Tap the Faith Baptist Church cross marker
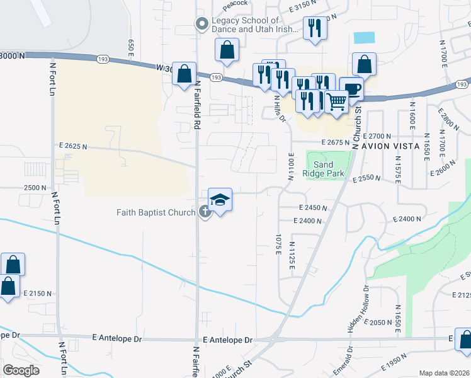click(205, 212)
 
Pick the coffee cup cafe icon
click(351, 88)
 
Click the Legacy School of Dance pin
click(202, 25)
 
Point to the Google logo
click(21, 370)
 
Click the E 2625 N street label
click(73, 146)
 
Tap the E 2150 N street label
click(37, 294)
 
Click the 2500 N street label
click(35, 188)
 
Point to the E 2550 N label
click(367, 179)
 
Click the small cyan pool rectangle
click(363, 37)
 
